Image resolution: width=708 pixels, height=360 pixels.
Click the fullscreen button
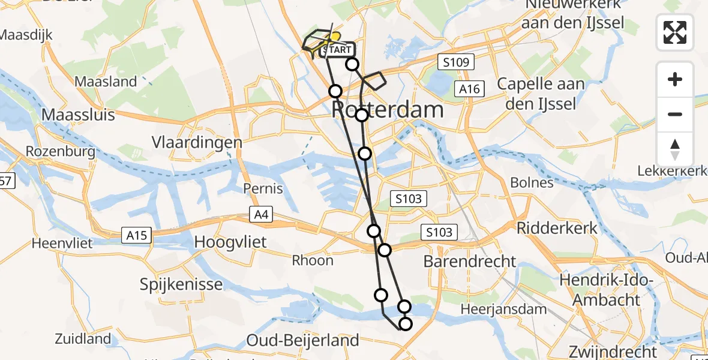click(675, 32)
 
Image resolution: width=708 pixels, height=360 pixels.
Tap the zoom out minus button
click(675, 114)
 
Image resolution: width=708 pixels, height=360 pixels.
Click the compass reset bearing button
click(675, 149)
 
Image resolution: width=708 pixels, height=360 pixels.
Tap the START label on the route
click(340, 50)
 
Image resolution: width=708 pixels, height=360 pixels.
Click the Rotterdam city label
click(388, 110)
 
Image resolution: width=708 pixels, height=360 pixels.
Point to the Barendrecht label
click(470, 261)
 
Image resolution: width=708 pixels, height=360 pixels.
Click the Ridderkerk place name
click(557, 228)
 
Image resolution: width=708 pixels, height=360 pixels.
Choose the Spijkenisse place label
click(181, 283)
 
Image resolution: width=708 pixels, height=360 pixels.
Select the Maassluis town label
click(79, 114)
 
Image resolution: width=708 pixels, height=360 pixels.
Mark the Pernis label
click(263, 188)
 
